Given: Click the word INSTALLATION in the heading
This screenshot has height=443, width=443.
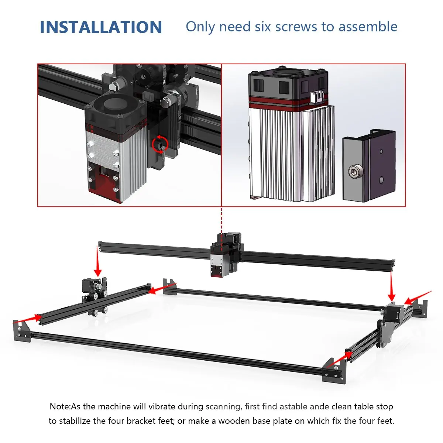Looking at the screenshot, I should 101,27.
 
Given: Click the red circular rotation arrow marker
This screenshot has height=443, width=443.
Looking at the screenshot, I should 160,144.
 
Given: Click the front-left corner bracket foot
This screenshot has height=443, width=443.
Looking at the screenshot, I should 21,331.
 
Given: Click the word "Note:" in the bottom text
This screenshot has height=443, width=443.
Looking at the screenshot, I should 60,406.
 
